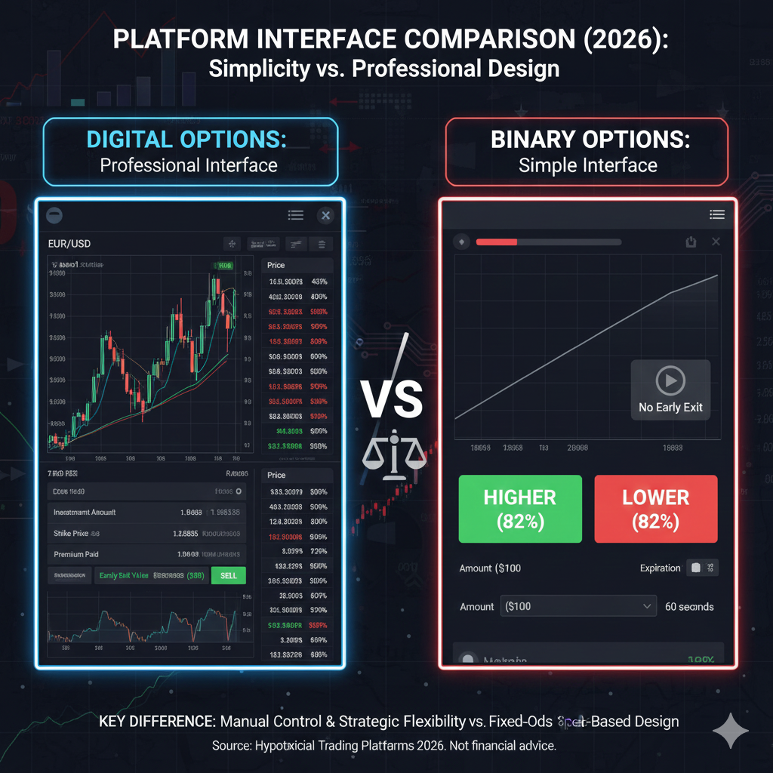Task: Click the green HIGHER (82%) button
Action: (520, 508)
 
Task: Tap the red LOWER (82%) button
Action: (655, 508)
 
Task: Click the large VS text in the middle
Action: (391, 400)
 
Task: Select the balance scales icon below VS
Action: (390, 457)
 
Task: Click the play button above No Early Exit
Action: (670, 380)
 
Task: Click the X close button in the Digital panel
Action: (325, 216)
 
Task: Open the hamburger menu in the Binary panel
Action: (716, 215)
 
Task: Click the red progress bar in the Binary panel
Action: (497, 242)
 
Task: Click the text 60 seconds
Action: (689, 606)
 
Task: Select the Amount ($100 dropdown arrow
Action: (647, 605)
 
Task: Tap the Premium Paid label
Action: (76, 554)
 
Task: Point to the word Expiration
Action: (660, 568)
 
